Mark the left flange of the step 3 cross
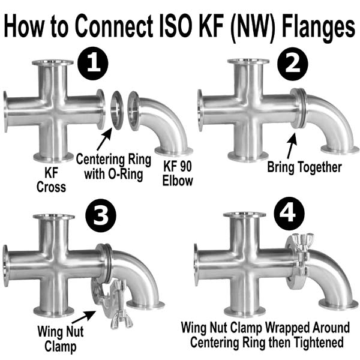coord(7,264)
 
